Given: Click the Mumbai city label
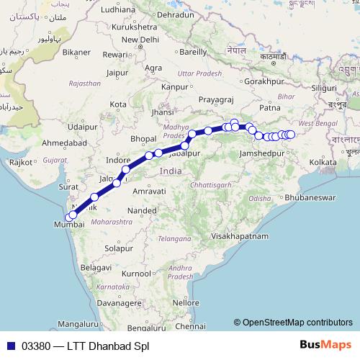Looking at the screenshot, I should [69, 225].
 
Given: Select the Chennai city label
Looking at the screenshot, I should [189, 325].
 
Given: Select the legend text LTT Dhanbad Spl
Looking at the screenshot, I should [108, 346].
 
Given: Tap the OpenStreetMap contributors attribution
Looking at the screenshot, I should [297, 323].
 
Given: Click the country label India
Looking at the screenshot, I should [171, 171].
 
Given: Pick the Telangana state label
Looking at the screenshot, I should [176, 238].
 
